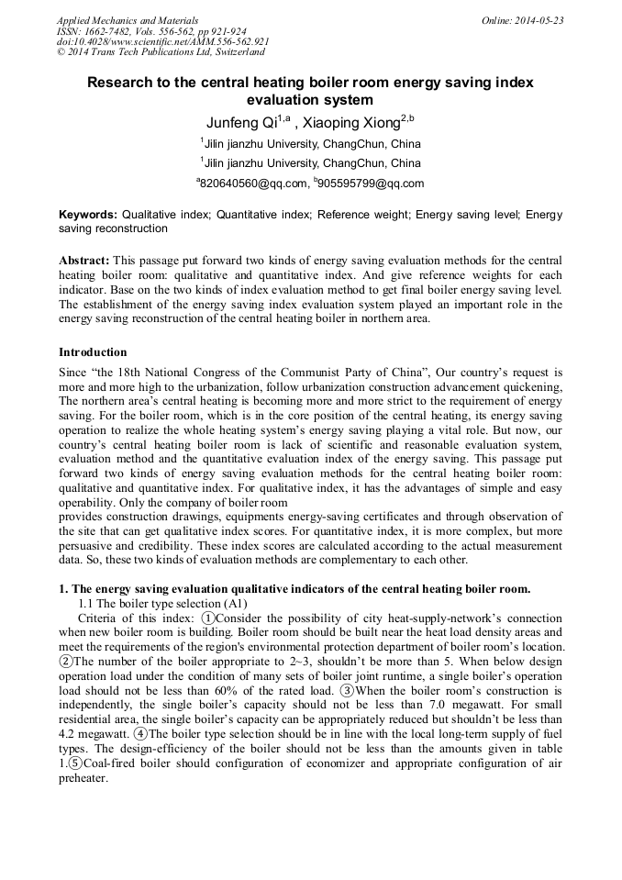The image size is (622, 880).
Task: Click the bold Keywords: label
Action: pyautogui.click(x=88, y=214)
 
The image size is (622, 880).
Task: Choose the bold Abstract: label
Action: pyautogui.click(x=84, y=261)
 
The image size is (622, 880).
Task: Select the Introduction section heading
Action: pyautogui.click(x=93, y=352)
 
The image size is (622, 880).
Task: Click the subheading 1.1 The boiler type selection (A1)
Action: pyautogui.click(x=150, y=603)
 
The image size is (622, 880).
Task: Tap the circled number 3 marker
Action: pyautogui.click(x=347, y=690)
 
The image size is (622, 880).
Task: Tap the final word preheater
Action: pyautogui.click(x=83, y=778)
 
